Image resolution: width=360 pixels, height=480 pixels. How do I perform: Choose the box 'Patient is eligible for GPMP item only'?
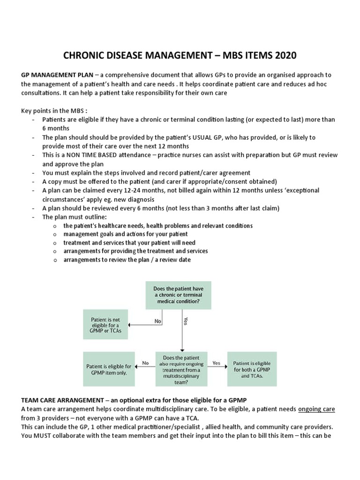pos(108,366)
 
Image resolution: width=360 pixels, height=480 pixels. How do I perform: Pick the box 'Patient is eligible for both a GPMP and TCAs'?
pos(252,366)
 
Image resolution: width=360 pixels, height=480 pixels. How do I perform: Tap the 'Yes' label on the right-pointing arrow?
pos(216,362)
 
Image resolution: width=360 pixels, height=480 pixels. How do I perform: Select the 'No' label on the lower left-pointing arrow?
pos(145,362)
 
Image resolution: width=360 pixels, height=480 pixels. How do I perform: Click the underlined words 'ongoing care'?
pos(316,409)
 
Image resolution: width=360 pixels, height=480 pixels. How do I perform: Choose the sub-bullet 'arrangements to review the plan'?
pos(127,260)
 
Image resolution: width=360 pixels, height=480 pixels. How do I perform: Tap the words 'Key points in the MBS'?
pos(54,111)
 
